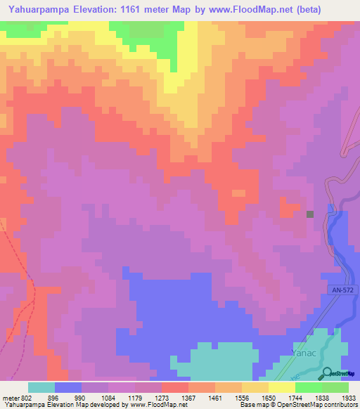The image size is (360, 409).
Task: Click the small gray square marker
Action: (310, 214)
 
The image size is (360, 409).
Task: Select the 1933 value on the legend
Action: (348, 396)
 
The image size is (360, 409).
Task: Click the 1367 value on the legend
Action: (189, 396)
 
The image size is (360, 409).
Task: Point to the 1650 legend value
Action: (269, 396)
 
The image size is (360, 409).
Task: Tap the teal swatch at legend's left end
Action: (41, 387)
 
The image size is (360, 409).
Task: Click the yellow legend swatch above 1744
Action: (281, 387)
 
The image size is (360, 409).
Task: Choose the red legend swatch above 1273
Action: (174, 387)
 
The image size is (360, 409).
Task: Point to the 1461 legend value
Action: (216, 396)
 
